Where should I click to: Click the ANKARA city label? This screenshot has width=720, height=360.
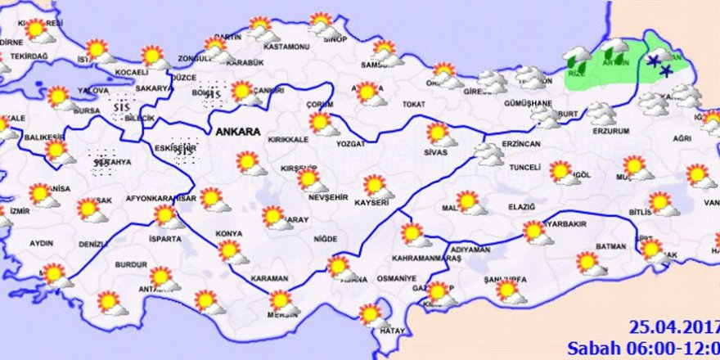237,131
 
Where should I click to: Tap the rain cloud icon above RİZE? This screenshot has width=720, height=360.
578,57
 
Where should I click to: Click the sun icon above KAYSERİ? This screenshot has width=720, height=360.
376,186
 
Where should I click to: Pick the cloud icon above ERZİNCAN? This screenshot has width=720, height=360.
488,154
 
